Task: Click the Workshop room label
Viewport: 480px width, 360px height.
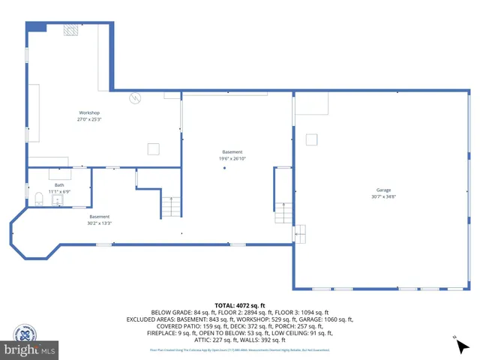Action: coord(89,112)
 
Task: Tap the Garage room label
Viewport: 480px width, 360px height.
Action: coord(383,190)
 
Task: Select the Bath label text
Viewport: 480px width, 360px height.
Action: coord(59,184)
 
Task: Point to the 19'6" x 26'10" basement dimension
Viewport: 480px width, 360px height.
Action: coord(232,158)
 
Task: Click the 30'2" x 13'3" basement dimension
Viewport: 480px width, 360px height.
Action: coord(100,223)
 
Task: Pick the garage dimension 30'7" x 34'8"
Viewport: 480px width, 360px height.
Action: coord(383,196)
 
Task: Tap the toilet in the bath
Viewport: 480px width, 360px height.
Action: coord(39,199)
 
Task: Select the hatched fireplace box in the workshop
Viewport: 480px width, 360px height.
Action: coord(70,29)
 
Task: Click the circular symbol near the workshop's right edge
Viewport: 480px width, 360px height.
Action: coord(136,97)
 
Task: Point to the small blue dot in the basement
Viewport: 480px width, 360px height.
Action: coord(223,168)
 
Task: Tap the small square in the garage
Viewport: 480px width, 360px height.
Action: coord(311,139)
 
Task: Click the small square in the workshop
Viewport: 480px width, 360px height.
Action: coord(153,148)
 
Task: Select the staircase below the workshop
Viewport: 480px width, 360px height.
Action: coord(171,206)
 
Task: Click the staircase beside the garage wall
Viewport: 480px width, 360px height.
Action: coord(283,212)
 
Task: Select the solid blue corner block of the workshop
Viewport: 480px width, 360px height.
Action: coord(36,26)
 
